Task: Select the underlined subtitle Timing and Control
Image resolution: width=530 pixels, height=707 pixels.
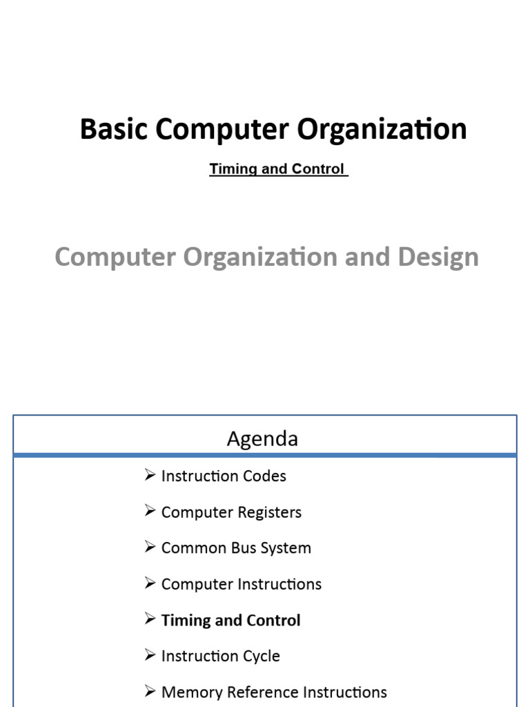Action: coord(277,169)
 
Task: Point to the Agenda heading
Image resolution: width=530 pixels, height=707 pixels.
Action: coord(262,439)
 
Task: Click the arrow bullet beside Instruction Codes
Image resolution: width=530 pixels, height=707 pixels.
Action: coord(150,475)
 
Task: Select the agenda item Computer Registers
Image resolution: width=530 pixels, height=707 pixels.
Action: coord(231,512)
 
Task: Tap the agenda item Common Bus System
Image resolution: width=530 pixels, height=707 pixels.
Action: coord(236,548)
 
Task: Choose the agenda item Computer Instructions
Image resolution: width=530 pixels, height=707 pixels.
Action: coord(241,584)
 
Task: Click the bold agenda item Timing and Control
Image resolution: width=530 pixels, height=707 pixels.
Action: coord(230,620)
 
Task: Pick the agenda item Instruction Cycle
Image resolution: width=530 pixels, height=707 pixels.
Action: coord(220,656)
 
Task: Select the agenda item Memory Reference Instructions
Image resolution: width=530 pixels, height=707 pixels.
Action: coord(274,692)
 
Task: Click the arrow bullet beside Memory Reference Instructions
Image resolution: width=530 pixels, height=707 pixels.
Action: coord(150,691)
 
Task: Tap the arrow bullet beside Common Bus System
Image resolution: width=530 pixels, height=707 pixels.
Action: coord(150,548)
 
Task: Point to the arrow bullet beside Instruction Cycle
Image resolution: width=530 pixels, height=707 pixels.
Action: coord(150,655)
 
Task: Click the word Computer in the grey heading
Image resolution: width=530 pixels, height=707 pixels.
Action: coord(115,257)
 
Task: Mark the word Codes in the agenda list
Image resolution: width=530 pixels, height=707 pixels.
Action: coord(266,476)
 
